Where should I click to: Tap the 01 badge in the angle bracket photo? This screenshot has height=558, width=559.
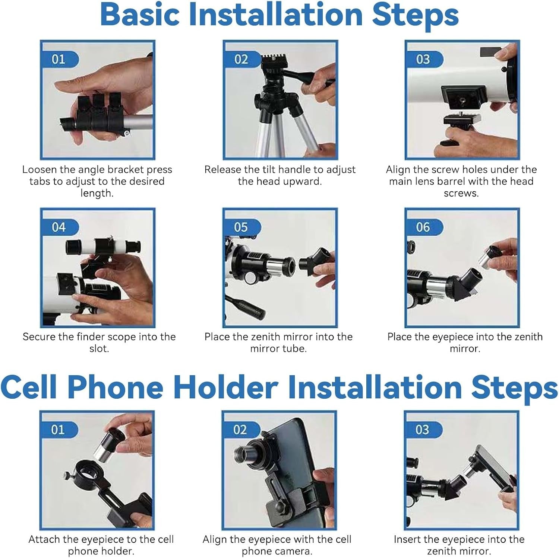pos(60,59)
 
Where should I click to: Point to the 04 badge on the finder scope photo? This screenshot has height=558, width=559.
pos(60,227)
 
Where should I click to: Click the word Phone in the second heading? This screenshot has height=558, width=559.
pos(115,388)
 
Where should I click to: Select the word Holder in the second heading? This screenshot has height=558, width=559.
pos(226,388)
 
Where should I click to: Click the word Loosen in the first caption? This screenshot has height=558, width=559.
pos(39,170)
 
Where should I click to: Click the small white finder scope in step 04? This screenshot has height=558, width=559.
pos(103,246)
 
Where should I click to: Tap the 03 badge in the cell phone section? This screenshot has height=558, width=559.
pos(423,430)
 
